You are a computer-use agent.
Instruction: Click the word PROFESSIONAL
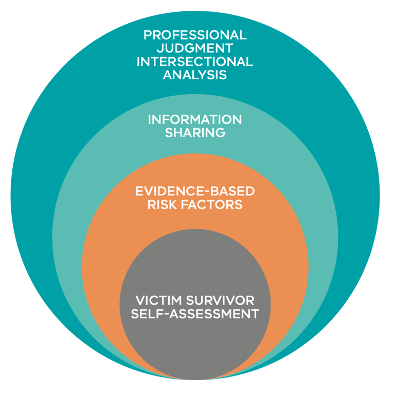(195, 35)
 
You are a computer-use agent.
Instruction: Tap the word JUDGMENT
(195, 48)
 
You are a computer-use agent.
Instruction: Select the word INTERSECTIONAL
(195, 62)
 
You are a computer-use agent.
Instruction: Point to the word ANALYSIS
(195, 75)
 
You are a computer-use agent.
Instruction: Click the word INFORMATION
(195, 119)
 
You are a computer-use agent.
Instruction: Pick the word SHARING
(195, 133)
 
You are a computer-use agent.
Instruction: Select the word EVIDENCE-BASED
(195, 191)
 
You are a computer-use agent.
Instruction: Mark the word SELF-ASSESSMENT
(195, 314)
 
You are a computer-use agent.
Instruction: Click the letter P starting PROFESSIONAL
(148, 35)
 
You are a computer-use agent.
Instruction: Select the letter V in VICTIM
(139, 300)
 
